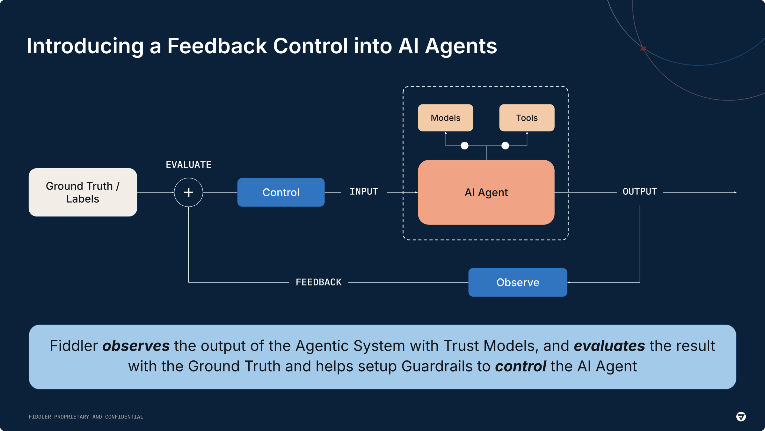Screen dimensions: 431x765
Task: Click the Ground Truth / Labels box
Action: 83,192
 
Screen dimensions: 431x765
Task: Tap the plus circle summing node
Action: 188,192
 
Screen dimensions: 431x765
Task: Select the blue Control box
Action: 281,192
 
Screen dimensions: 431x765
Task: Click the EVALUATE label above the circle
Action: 188,165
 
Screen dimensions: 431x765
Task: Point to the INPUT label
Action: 364,192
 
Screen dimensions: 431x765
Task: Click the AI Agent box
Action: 486,192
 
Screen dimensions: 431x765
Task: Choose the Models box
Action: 445,118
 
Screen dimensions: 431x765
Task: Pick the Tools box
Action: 527,118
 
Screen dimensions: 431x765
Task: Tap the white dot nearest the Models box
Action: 464,146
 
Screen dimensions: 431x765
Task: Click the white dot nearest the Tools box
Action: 505,146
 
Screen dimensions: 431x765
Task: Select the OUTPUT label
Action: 640,192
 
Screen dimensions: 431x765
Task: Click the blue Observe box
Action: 518,282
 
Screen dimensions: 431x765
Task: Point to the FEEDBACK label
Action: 318,282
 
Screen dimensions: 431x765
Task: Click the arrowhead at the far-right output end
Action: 735,192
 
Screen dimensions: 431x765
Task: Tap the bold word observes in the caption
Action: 136,346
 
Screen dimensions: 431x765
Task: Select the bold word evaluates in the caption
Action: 609,346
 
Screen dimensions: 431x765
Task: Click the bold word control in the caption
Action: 521,367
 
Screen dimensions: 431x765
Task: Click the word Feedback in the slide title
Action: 217,46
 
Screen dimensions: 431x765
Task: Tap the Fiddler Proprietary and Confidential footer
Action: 86,417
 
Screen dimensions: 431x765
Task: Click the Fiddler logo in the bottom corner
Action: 741,417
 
